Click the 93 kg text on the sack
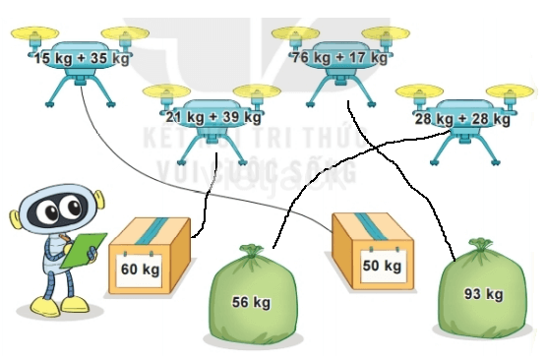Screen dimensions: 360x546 (483, 293)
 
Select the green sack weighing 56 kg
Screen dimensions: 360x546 (251, 300)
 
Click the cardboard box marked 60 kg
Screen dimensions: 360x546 (148, 256)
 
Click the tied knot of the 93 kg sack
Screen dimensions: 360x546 (480, 245)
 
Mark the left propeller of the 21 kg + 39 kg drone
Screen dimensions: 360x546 (163, 93)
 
